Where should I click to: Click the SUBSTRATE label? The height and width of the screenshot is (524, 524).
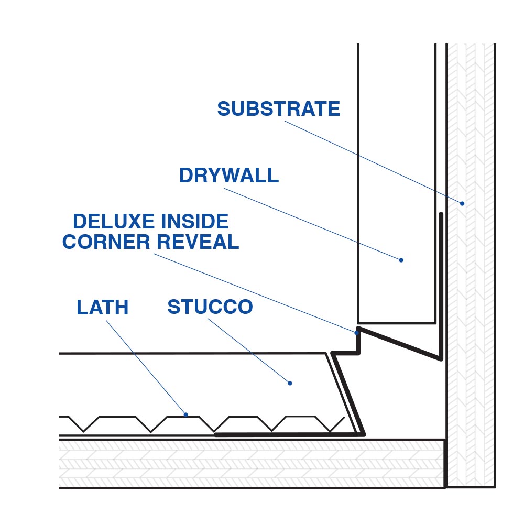[278, 109]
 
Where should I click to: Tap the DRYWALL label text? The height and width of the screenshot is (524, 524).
[228, 176]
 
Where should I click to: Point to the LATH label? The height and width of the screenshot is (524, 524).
[102, 308]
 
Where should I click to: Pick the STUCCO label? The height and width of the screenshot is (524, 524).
[210, 307]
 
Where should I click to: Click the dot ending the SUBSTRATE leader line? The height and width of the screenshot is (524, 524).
[462, 203]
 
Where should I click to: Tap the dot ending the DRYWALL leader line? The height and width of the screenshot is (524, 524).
[401, 260]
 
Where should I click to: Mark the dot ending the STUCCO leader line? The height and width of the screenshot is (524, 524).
[290, 384]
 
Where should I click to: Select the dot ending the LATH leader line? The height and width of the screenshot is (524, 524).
[186, 414]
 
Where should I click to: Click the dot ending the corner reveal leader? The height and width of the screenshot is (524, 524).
[357, 332]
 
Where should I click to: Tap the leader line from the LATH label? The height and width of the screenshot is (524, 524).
[147, 367]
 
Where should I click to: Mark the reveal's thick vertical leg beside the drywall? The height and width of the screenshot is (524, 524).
[441, 283]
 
